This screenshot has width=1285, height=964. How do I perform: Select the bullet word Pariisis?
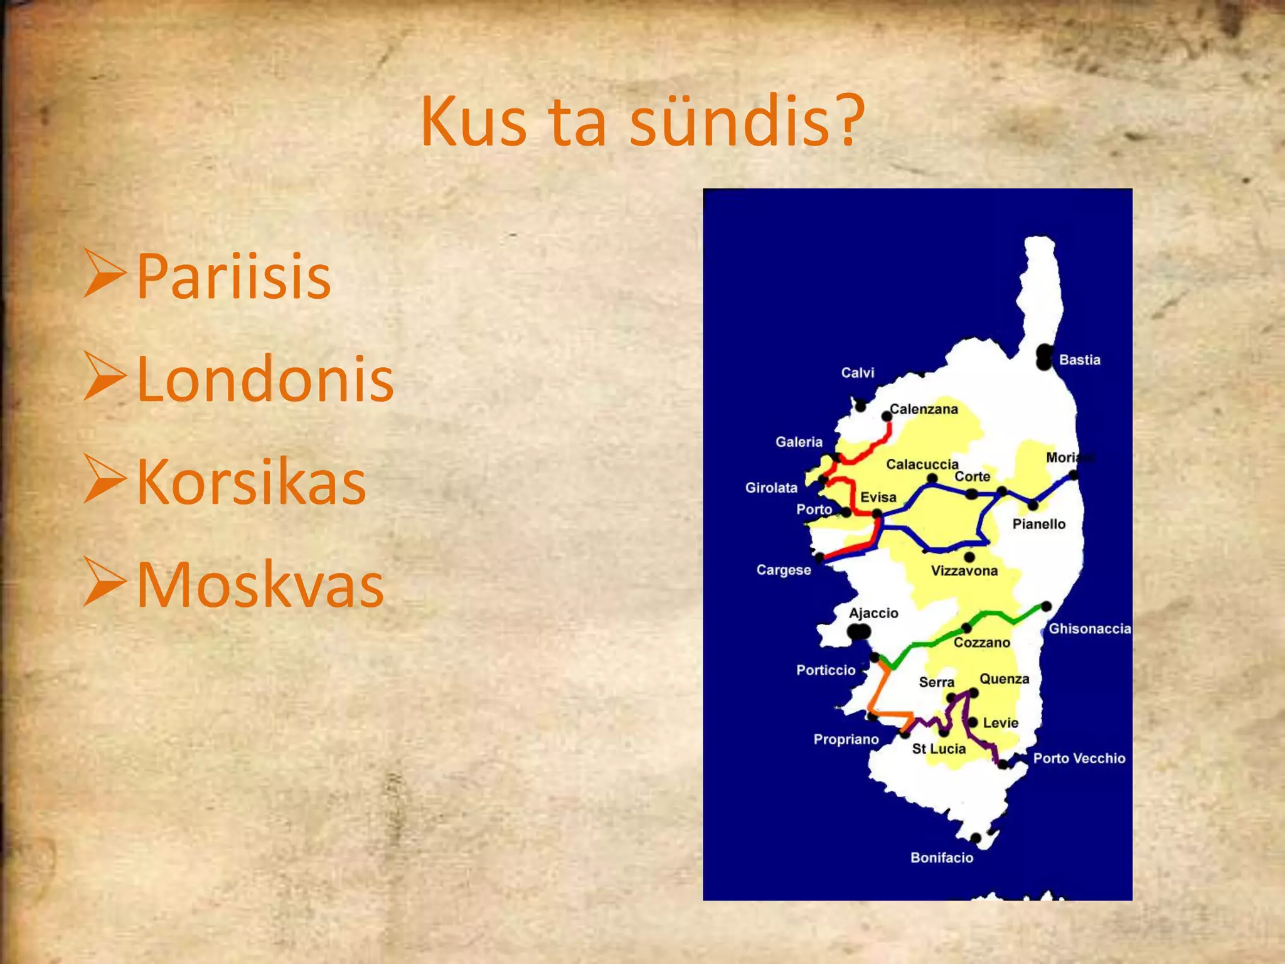tap(233, 276)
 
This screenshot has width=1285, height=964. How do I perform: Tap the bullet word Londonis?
tap(265, 378)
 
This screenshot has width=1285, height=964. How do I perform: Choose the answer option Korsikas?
tap(251, 481)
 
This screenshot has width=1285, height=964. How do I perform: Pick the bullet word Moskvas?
tap(260, 584)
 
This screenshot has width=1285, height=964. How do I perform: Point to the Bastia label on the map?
tap(1079, 360)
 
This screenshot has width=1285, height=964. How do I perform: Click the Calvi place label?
tap(857, 373)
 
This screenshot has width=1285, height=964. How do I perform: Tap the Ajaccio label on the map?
tap(873, 613)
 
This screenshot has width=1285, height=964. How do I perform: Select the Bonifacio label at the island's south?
tap(942, 858)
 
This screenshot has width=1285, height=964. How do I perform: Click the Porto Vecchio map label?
tap(1079, 758)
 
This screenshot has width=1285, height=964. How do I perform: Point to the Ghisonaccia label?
tap(1090, 629)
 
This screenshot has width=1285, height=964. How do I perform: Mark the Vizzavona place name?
tap(964, 571)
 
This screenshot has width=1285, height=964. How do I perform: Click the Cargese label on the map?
tap(784, 570)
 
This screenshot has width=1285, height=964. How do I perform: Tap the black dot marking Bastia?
tap(1044, 356)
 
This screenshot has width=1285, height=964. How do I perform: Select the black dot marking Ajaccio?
tap(859, 631)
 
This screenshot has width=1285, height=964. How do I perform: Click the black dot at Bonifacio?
tap(976, 838)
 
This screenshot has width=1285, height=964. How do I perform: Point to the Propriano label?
tap(846, 739)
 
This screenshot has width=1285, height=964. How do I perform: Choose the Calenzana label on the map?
tap(924, 409)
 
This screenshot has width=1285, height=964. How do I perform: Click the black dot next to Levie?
tap(973, 722)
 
